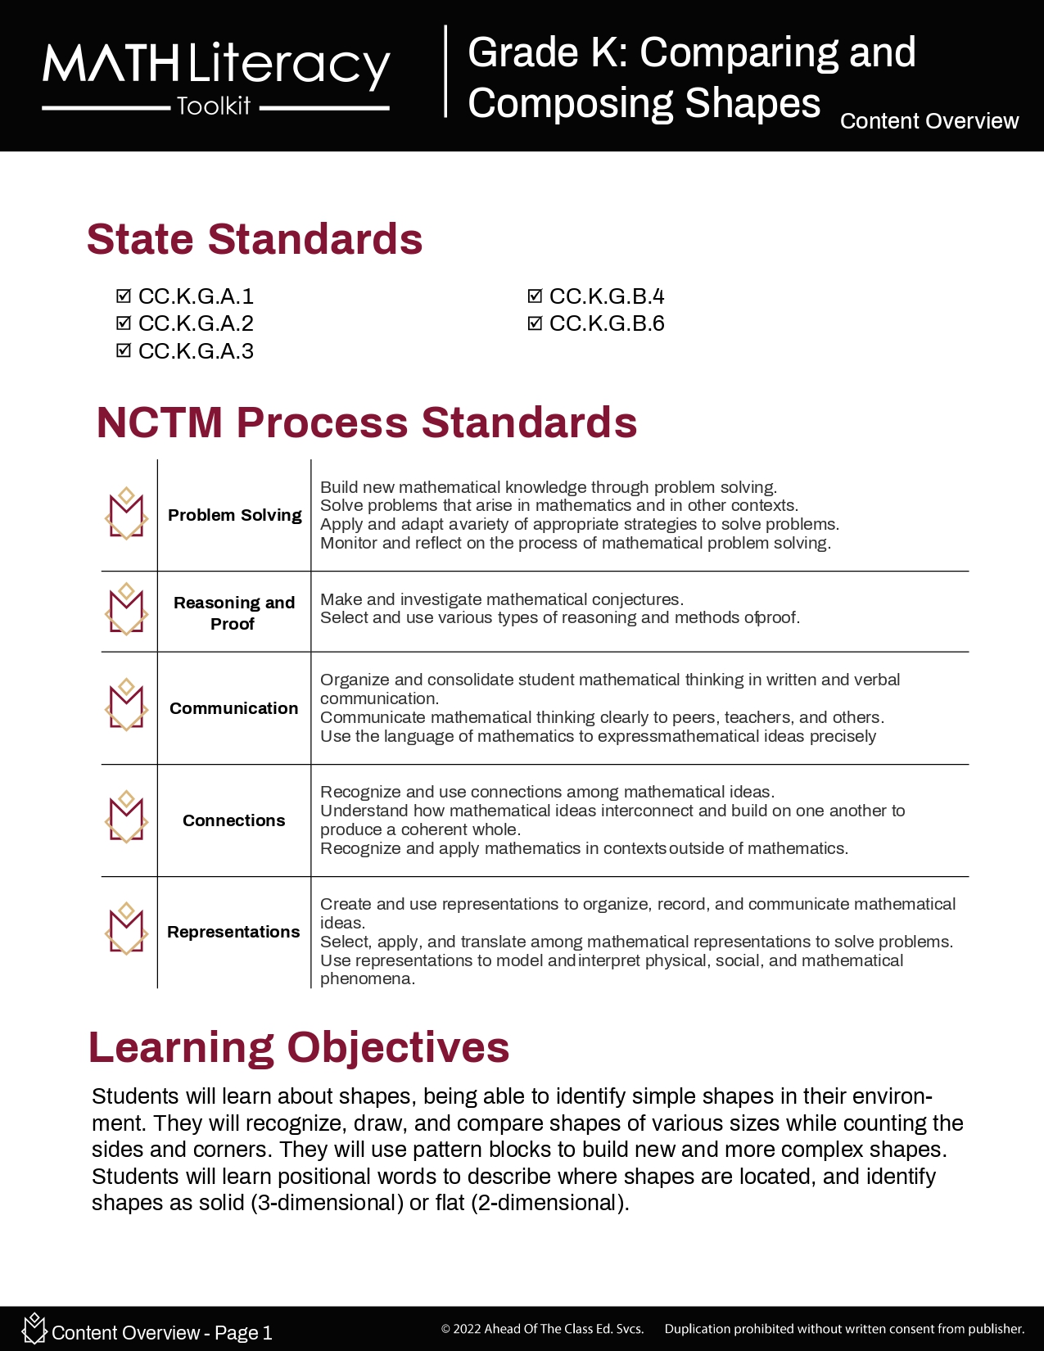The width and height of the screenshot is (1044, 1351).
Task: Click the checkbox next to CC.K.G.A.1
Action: pyautogui.click(x=124, y=296)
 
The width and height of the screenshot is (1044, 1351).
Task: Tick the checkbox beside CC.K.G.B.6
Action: pyautogui.click(x=535, y=323)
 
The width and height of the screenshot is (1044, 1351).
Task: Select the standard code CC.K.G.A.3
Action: pyautogui.click(x=196, y=351)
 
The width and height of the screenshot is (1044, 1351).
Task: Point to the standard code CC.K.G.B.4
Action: pyautogui.click(x=607, y=296)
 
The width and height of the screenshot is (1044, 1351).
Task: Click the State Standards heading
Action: pyautogui.click(x=255, y=239)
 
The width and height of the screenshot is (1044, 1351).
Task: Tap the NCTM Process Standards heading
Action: pyautogui.click(x=367, y=422)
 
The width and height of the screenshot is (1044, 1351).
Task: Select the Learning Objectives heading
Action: pyautogui.click(x=299, y=1047)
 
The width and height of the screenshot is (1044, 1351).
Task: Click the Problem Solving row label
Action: pyautogui.click(x=234, y=515)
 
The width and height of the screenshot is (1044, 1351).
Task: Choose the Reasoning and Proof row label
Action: pyautogui.click(x=234, y=612)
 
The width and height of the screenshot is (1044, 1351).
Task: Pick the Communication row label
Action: pyautogui.click(x=234, y=708)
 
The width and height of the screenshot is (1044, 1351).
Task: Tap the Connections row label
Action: pyautogui.click(x=234, y=820)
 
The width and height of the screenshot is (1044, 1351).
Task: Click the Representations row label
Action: pyautogui.click(x=234, y=932)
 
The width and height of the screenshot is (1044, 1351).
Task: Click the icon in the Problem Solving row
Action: pyautogui.click(x=127, y=514)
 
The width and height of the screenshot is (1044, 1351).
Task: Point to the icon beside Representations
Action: pyautogui.click(x=127, y=929)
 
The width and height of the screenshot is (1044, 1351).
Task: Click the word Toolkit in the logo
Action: pyautogui.click(x=214, y=106)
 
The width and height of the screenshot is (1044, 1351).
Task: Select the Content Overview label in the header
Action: pyautogui.click(x=929, y=121)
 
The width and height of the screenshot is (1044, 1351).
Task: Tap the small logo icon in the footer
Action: pyautogui.click(x=34, y=1328)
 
